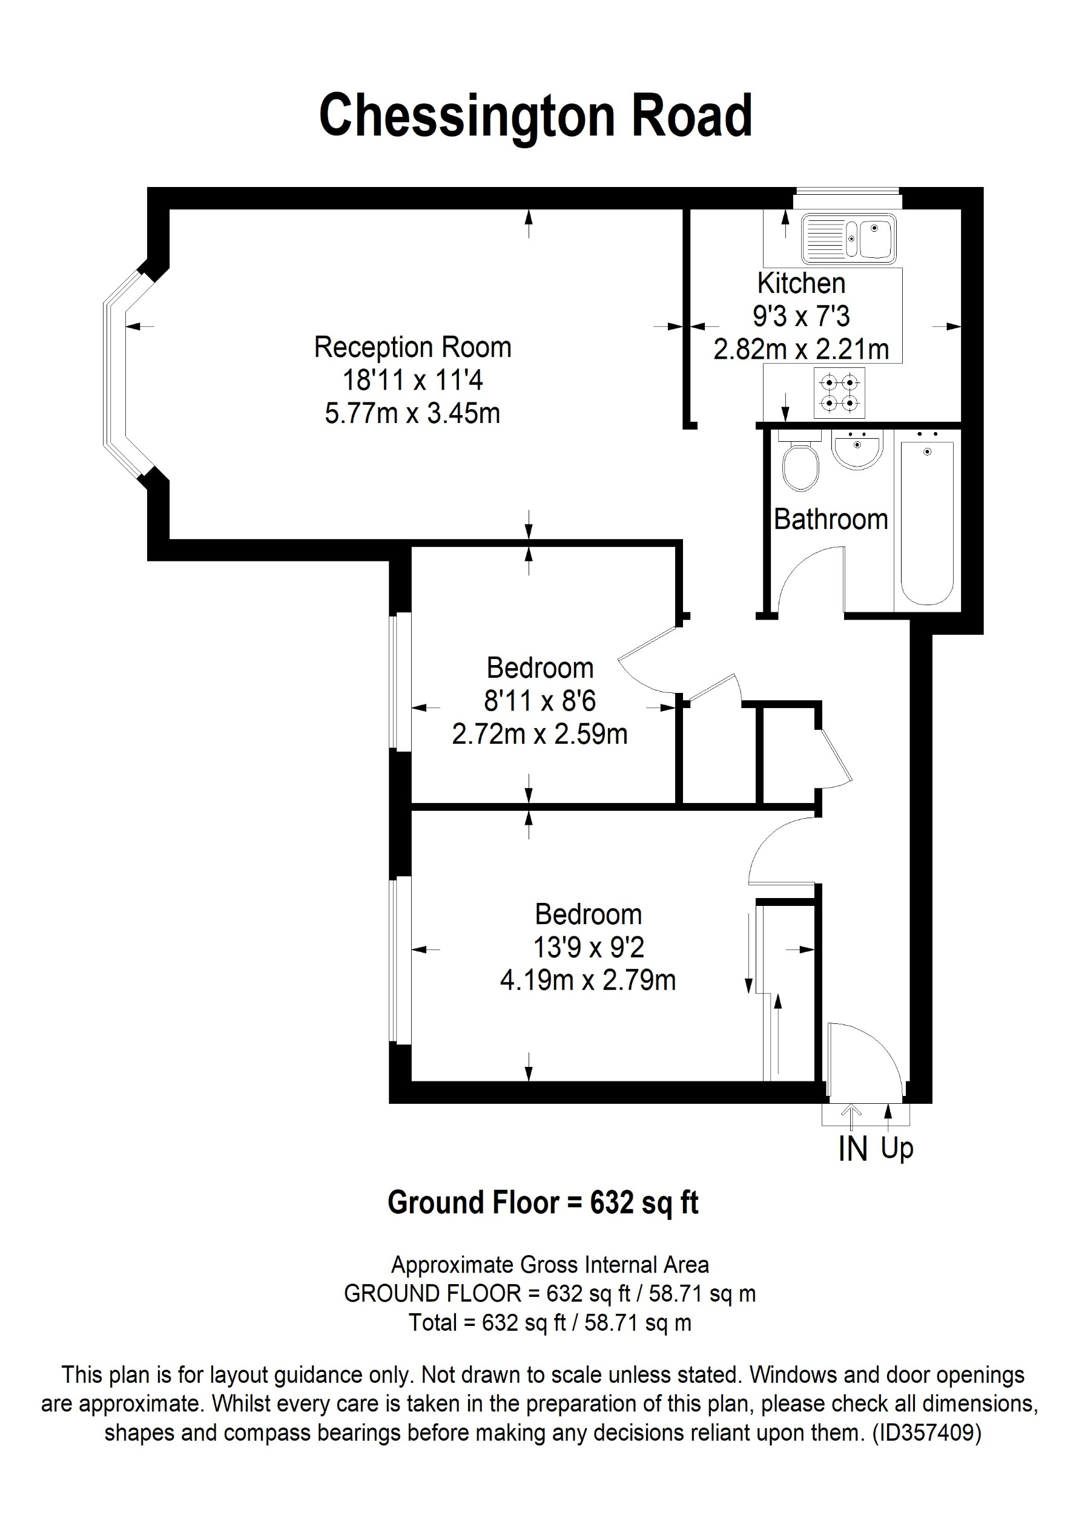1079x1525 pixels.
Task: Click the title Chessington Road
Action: tap(535, 116)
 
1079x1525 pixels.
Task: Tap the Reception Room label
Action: tap(412, 347)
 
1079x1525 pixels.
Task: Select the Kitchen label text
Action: tap(800, 284)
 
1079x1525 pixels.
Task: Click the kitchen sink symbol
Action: tap(848, 237)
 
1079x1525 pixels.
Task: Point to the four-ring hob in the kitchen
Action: tap(839, 393)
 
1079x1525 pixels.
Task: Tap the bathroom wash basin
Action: tap(857, 449)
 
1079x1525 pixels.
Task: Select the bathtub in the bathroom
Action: tap(927, 522)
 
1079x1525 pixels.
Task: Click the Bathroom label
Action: tap(831, 519)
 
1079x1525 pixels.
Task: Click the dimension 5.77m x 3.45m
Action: tap(412, 414)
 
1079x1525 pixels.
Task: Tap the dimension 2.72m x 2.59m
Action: tap(539, 735)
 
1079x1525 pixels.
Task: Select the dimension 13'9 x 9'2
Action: tap(589, 948)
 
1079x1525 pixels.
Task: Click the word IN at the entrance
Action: tap(853, 1150)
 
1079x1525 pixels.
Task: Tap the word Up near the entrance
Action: tap(897, 1148)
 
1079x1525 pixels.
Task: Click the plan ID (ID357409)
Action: tap(926, 1432)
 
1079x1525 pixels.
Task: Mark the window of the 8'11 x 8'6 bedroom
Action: tap(400, 681)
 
